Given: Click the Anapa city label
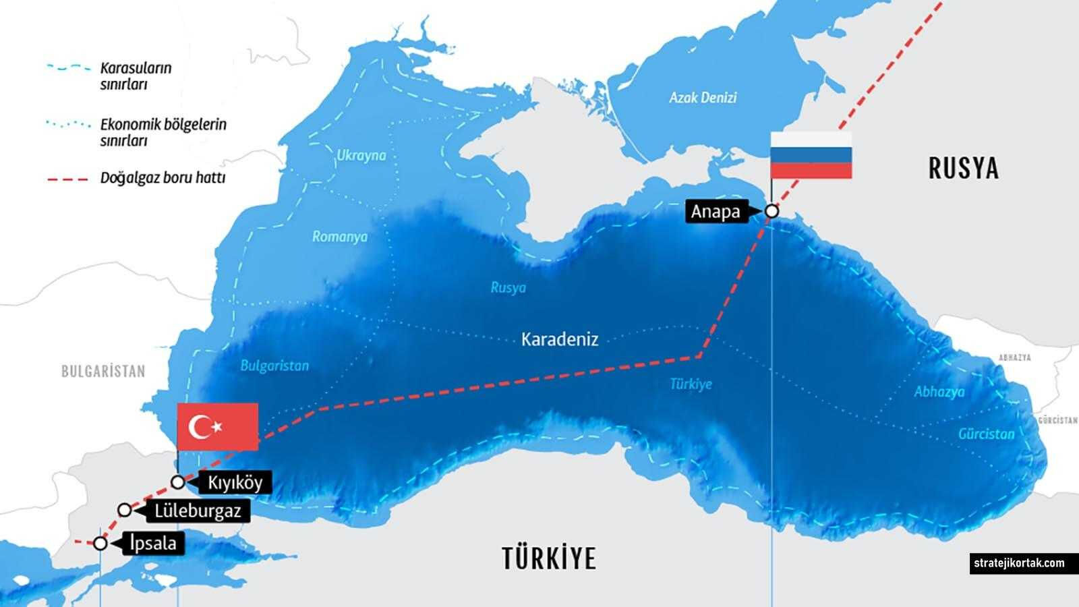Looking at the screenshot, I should [716, 212].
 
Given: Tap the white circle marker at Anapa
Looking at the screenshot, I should [771, 212].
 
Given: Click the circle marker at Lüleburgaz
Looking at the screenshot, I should [125, 510].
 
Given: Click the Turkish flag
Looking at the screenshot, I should [217, 426].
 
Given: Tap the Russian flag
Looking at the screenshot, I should [811, 154].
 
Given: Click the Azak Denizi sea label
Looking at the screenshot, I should [703, 98].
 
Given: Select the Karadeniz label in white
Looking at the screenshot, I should [560, 339].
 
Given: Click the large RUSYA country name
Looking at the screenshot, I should [963, 169].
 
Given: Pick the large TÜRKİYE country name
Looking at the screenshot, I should [549, 559].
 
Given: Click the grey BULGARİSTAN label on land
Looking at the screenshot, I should [103, 372].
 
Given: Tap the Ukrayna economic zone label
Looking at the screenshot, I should [361, 156].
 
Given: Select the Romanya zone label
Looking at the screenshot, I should [340, 237].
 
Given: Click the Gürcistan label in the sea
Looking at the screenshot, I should [986, 434].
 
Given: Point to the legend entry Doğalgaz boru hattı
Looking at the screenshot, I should [163, 178].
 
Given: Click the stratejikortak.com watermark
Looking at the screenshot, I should [1018, 563].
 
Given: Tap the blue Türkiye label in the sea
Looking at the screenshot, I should [691, 384].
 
